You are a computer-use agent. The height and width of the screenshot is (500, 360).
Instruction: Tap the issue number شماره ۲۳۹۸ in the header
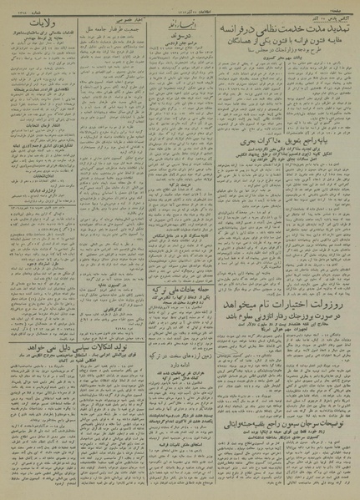pos(21,8)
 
